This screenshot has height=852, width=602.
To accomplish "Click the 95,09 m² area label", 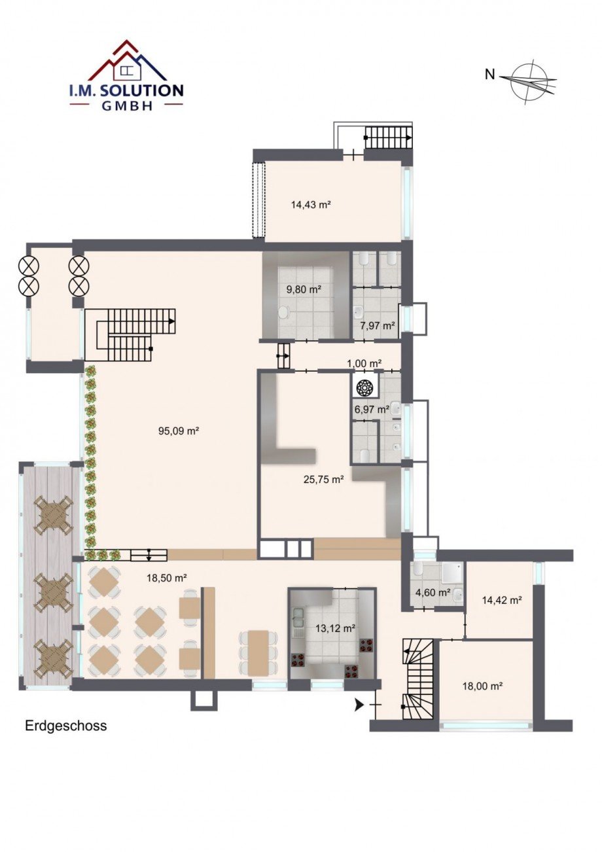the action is coord(179,431).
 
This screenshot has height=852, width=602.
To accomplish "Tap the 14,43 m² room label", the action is coord(310,205).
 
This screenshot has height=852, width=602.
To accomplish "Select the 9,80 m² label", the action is coord(304,289).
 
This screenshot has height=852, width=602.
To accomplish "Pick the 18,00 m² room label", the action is coord(483,686).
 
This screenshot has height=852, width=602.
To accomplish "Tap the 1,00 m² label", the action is coord(364,363).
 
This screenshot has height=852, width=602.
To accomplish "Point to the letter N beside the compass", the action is coord(490,75).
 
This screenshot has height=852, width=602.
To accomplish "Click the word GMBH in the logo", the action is coord(126,105).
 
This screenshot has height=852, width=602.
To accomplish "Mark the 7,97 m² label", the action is coord(378,326).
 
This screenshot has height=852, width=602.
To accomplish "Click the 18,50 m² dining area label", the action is coord(167,578).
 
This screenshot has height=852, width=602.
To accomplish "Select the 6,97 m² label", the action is coord(371,410).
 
